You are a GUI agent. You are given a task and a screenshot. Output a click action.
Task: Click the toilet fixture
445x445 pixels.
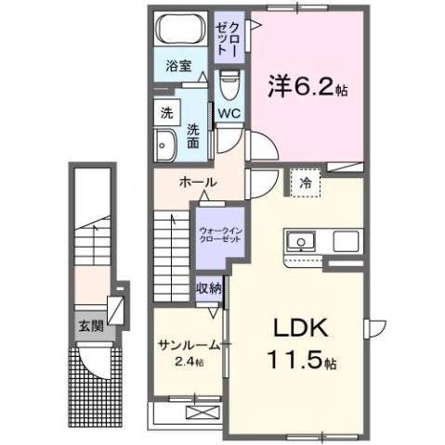[x=229, y=86]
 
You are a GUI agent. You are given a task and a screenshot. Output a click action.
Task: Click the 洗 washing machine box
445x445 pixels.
[x=166, y=113]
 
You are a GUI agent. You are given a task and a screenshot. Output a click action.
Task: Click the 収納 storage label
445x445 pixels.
[x=209, y=288]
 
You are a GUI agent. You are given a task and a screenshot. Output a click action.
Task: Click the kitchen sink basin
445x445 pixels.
[x=302, y=243]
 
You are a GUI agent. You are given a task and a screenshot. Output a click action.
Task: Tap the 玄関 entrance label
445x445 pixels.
[x=89, y=325]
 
